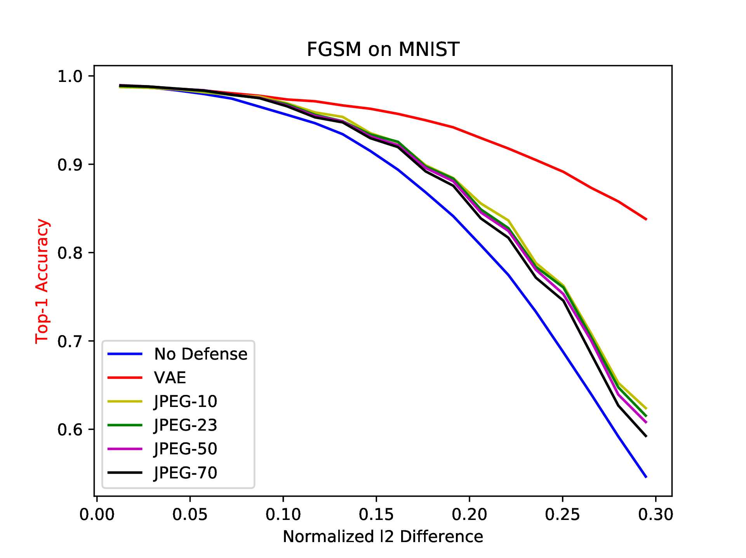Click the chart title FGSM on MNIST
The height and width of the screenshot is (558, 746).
point(383,49)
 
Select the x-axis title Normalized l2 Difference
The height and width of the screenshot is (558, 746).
point(383,536)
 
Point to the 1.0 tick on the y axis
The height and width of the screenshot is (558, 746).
point(70,76)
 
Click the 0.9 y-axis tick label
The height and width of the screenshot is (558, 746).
point(70,165)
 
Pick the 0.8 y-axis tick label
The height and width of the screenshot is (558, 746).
point(70,253)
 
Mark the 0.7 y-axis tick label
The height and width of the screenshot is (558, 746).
point(70,341)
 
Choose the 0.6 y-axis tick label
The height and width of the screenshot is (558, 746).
point(70,429)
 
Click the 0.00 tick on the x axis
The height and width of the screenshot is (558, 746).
point(97,515)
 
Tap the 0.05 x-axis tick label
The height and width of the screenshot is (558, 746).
point(190,515)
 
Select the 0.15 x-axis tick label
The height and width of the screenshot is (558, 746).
point(376,515)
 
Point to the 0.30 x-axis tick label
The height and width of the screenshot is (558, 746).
point(656,515)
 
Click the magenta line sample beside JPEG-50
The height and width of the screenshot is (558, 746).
point(125,449)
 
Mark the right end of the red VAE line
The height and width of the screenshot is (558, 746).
point(646,219)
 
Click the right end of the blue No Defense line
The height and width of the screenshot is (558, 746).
point(646,477)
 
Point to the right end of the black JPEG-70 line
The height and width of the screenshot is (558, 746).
point(646,436)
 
